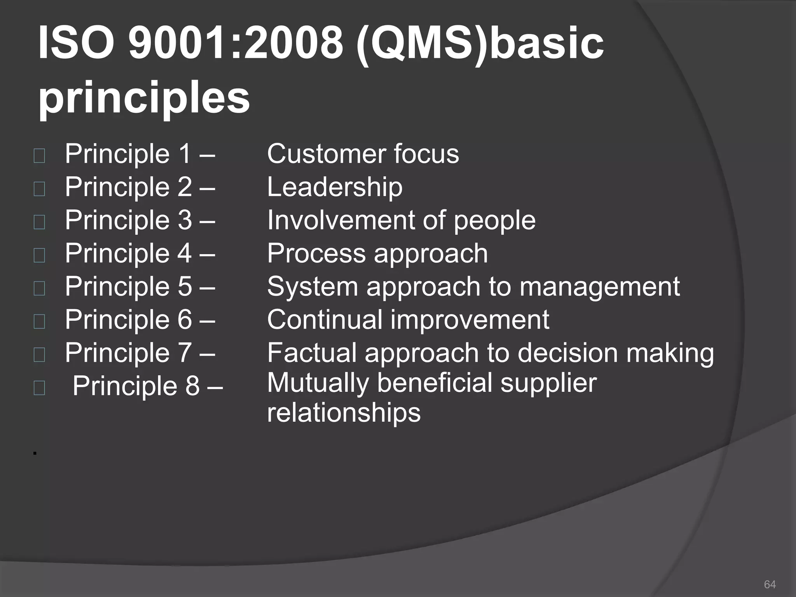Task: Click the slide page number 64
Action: coord(770,584)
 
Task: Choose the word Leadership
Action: coord(335,187)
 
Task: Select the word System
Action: coord(312,287)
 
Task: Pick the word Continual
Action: coord(325,319)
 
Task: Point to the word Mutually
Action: coord(318,383)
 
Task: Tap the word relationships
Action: coord(344,413)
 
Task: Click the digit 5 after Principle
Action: coord(185,287)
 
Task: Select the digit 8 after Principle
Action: coord(193,386)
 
